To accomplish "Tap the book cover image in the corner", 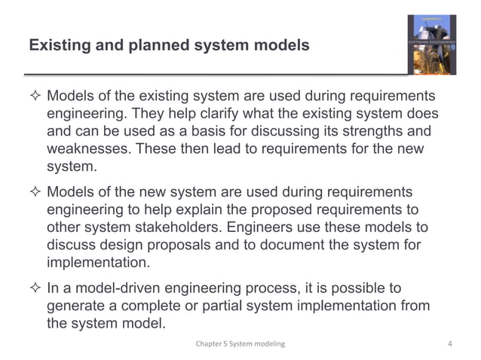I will point(432,43).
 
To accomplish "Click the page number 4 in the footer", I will point(450,344).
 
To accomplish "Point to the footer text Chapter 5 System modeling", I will point(240,344).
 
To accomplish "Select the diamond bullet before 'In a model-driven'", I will point(35,289).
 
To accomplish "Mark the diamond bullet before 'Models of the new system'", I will point(35,193).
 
